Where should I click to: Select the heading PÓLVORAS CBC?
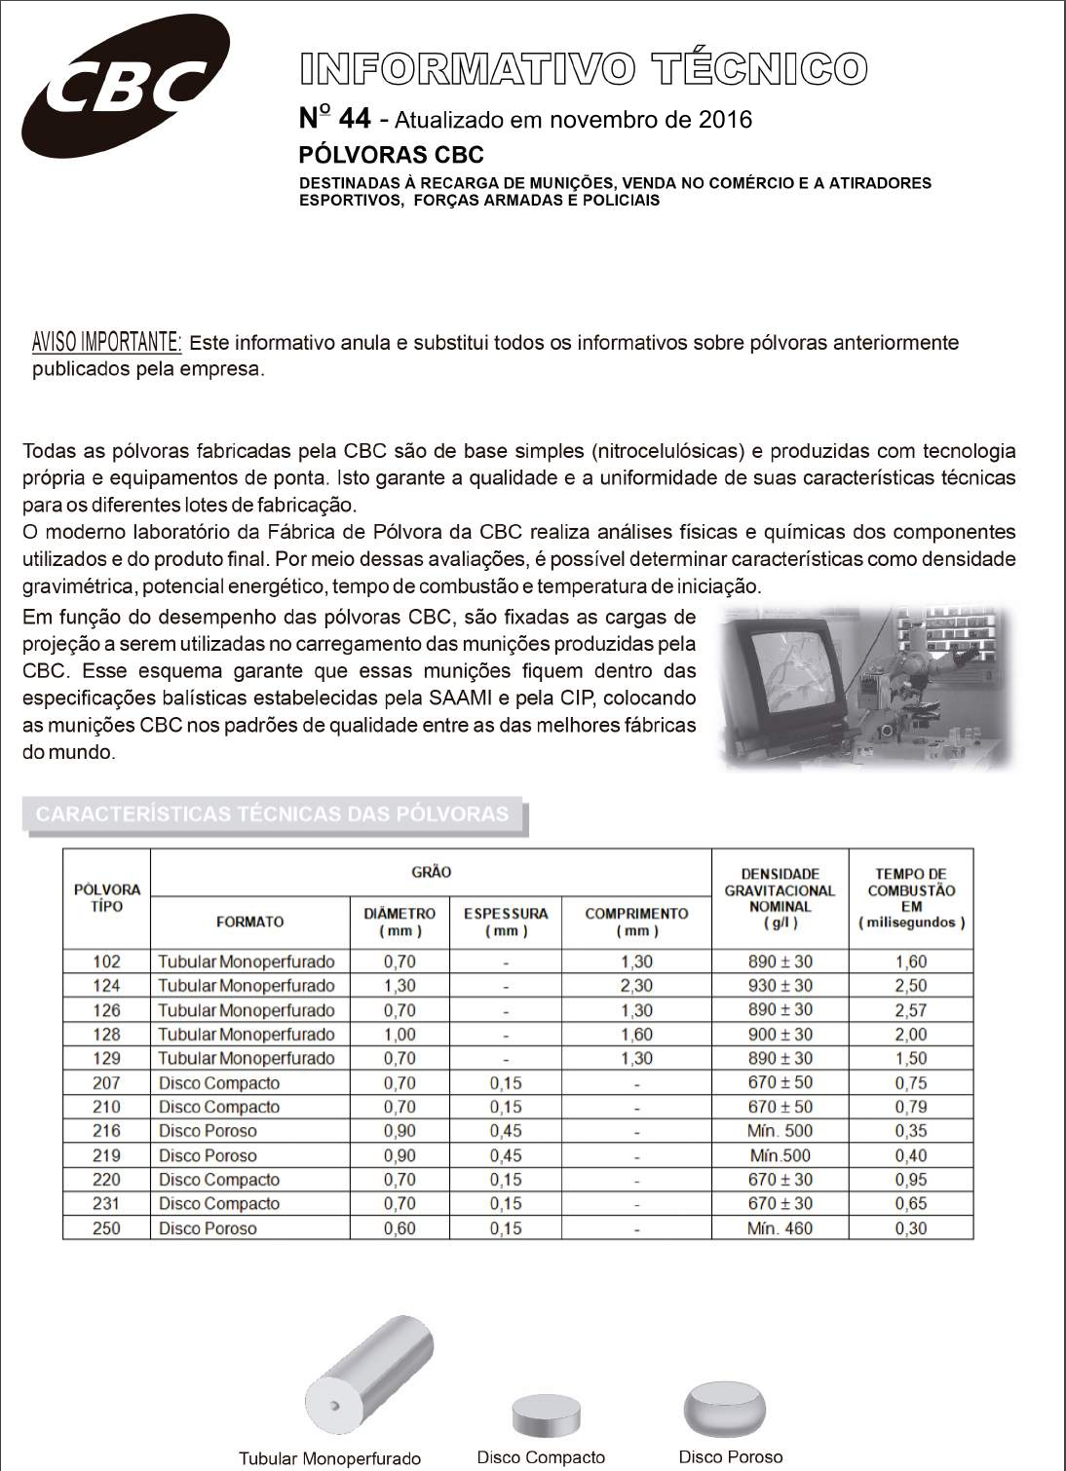[391, 155]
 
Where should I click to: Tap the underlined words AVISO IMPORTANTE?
[107, 342]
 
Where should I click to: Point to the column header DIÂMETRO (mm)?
[400, 922]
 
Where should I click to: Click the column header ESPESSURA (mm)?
[506, 922]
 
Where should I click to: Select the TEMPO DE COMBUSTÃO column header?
[911, 897]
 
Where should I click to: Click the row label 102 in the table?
[106, 962]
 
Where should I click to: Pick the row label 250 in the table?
[106, 1228]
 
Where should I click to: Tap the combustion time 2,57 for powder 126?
[911, 1010]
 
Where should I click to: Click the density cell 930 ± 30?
[780, 986]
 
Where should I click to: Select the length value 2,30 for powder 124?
[636, 986]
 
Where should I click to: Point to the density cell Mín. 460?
[780, 1228]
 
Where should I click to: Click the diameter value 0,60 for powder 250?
[400, 1228]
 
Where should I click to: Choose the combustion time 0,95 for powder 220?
[911, 1180]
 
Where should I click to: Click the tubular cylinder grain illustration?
[368, 1376]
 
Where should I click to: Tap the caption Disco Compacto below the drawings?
[541, 1457]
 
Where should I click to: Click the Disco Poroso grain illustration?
[725, 1409]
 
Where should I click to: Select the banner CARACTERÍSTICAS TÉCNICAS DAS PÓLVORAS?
[273, 814]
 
